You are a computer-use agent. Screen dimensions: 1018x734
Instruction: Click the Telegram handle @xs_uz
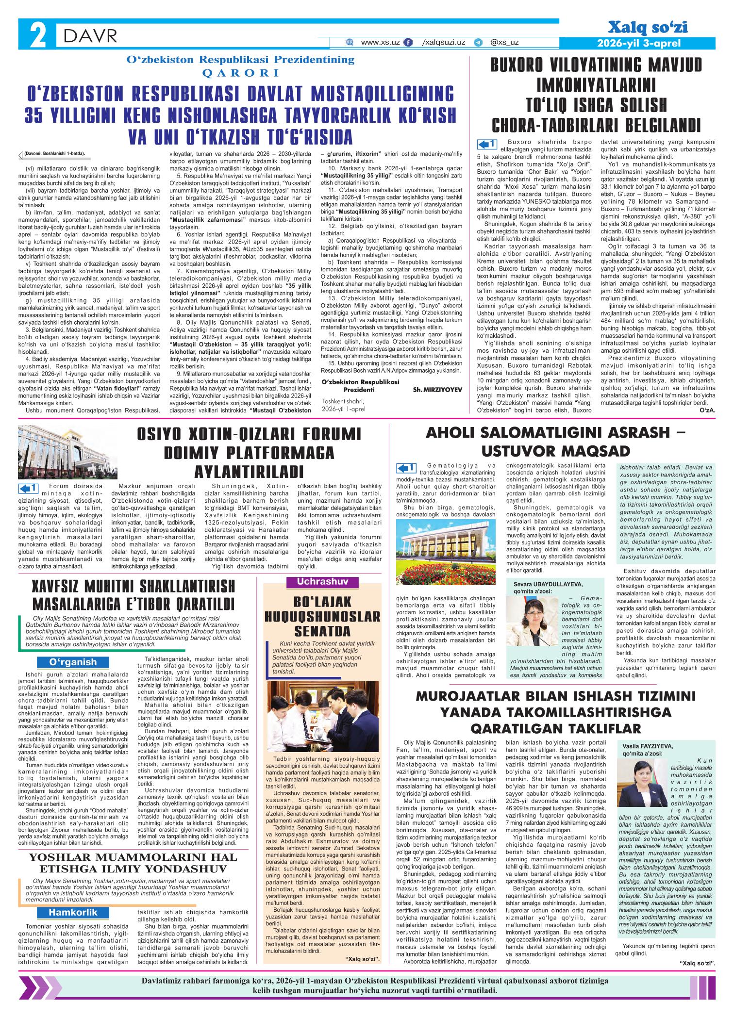coord(504,43)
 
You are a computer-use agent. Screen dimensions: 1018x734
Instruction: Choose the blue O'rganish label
coord(72,662)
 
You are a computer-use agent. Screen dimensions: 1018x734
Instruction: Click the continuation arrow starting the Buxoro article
coord(487,144)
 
